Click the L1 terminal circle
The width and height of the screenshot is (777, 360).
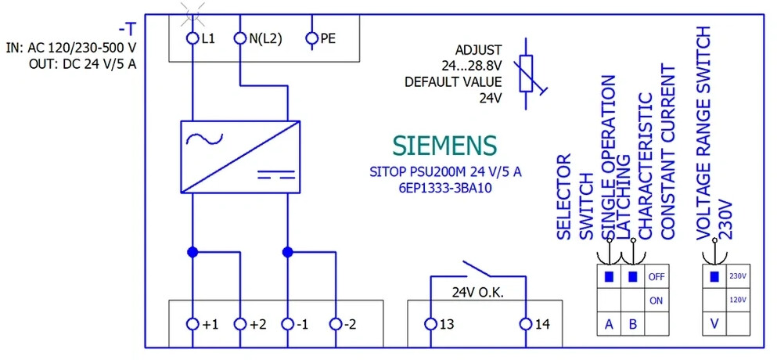click(192, 38)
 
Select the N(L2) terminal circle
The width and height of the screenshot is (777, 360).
click(240, 38)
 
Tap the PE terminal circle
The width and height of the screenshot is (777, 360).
click(311, 38)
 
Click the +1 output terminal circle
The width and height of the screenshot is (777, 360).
click(192, 324)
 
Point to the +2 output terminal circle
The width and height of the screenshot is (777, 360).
click(240, 324)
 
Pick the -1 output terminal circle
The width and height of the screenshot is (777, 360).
click(287, 324)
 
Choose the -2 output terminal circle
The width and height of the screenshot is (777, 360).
click(336, 324)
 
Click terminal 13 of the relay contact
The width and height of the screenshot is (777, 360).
click(430, 324)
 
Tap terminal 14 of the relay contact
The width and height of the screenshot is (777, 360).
click(526, 324)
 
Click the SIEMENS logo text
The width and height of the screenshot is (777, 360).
click(444, 146)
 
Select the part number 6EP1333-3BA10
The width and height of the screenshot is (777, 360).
click(445, 189)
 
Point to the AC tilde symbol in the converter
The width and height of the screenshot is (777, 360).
click(204, 139)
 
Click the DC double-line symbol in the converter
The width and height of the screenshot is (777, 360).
click(275, 174)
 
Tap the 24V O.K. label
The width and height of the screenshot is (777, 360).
click(477, 293)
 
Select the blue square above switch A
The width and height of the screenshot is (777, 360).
click(609, 276)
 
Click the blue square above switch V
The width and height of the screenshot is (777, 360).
click(714, 276)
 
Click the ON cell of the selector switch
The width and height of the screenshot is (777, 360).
click(656, 301)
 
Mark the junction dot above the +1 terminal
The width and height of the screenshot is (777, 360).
click(192, 253)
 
